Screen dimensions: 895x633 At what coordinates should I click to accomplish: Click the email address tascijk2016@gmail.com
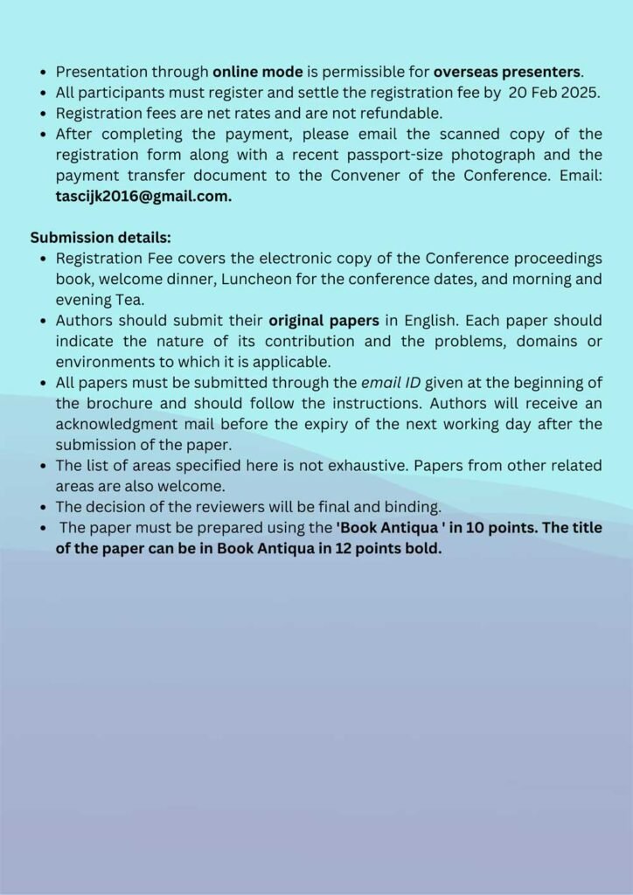coord(143,197)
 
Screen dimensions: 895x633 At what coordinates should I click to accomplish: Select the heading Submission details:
coord(101,238)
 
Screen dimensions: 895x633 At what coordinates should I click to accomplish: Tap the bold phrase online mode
coord(258,72)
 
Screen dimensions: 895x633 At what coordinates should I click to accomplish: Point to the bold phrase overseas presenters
coord(507,72)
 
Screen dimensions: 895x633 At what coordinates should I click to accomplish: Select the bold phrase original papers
coord(323,321)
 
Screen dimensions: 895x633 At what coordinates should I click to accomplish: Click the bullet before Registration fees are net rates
coord(43,114)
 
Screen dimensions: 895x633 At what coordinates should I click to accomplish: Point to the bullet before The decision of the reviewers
coord(43,508)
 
